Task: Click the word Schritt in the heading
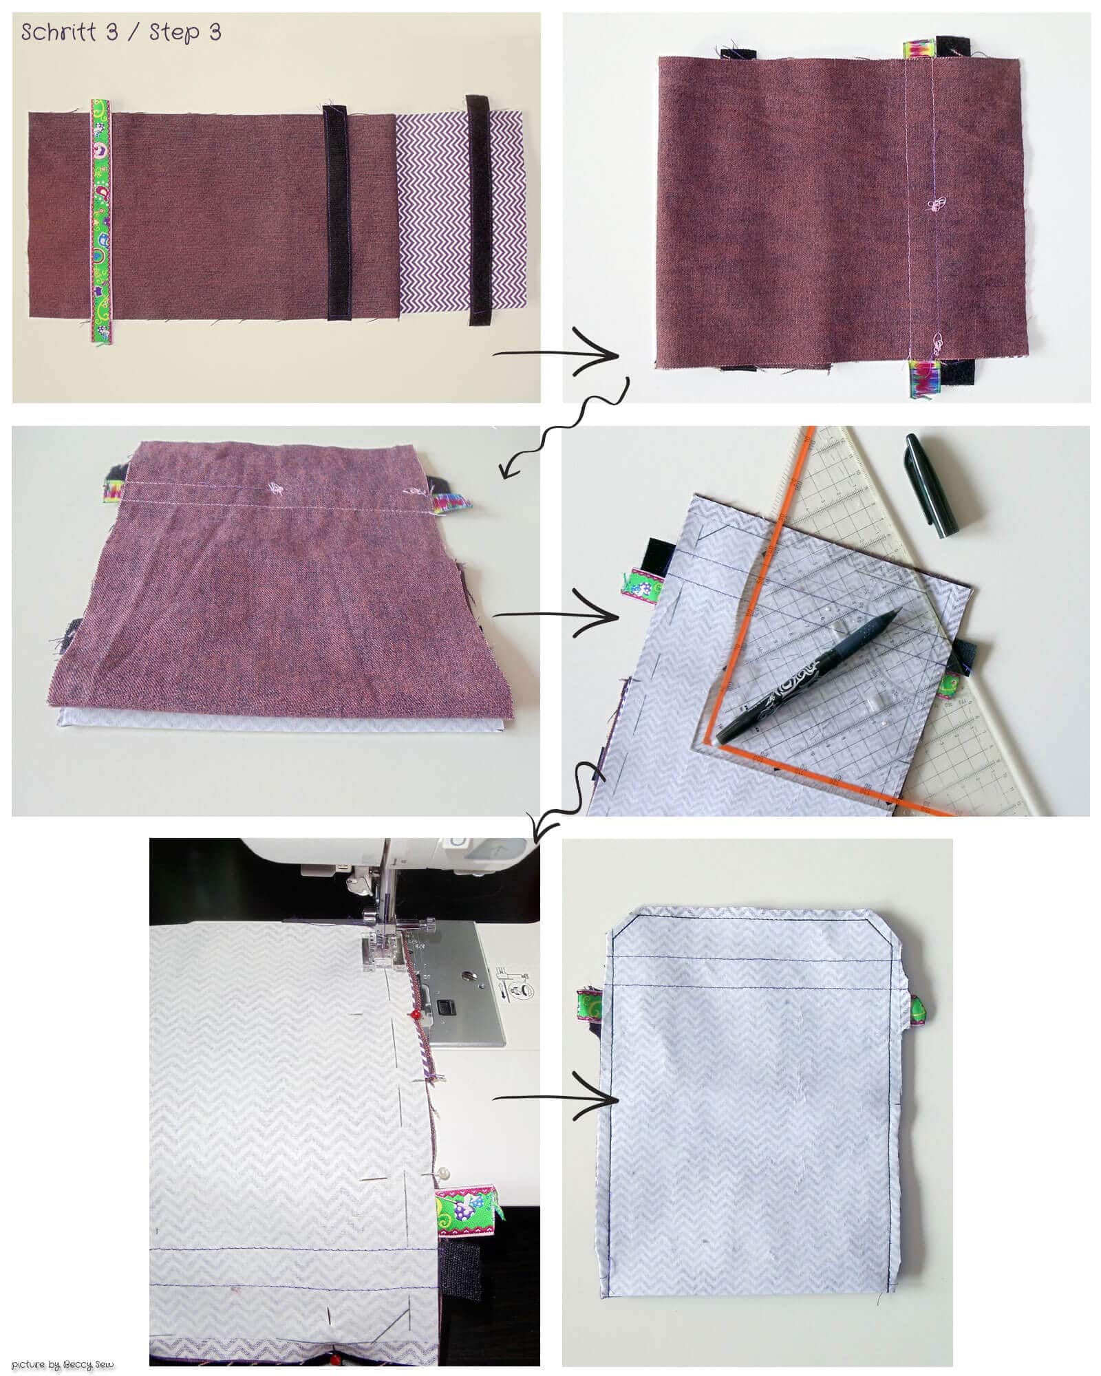click(59, 32)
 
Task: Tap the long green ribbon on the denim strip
click(101, 220)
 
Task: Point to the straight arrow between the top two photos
click(556, 356)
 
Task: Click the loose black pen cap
click(932, 484)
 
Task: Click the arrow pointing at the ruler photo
click(556, 616)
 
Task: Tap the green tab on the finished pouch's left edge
click(589, 1006)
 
